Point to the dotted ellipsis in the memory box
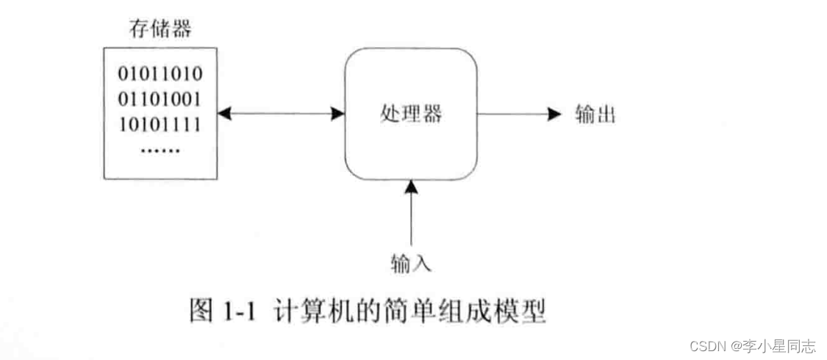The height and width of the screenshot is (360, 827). pyautogui.click(x=160, y=149)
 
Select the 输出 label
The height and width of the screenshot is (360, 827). pyautogui.click(x=595, y=115)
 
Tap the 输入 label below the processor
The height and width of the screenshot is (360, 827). pyautogui.click(x=411, y=261)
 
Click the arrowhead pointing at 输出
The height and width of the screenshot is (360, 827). pyautogui.click(x=556, y=114)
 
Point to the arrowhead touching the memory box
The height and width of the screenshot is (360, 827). pyautogui.click(x=223, y=114)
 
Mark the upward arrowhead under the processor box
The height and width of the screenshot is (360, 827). pyautogui.click(x=411, y=188)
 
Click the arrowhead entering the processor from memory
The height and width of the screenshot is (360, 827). pyautogui.click(x=339, y=114)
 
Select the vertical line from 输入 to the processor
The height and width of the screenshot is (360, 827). pyautogui.click(x=411, y=220)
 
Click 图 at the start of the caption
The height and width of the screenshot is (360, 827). pyautogui.click(x=202, y=312)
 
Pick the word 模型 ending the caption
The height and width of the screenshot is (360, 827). pyautogui.click(x=523, y=312)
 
